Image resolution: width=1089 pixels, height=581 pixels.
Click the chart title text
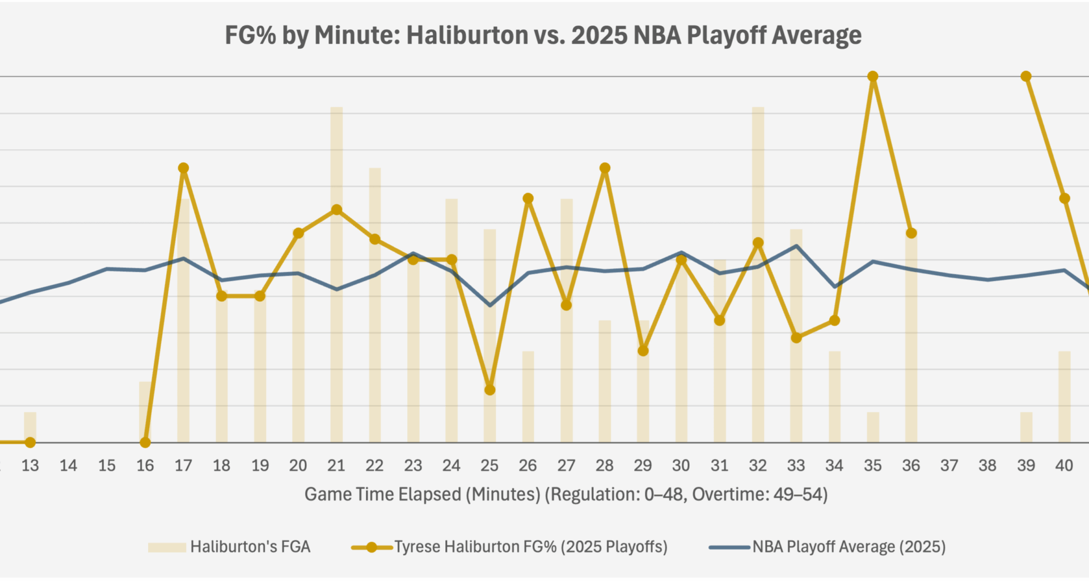click(x=543, y=35)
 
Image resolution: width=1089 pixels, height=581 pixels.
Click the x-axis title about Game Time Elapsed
click(x=565, y=494)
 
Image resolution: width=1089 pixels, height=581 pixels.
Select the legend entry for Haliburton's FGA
click(x=229, y=547)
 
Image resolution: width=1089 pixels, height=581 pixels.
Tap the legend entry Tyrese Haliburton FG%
click(x=509, y=547)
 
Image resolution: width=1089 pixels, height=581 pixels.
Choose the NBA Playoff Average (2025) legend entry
click(x=827, y=547)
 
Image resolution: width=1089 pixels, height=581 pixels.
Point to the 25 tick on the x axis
click(x=489, y=465)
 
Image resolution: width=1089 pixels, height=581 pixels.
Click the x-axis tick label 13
click(x=30, y=465)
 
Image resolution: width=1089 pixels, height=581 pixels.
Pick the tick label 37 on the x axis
click(x=949, y=465)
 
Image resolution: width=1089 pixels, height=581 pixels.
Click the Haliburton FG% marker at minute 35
click(x=873, y=76)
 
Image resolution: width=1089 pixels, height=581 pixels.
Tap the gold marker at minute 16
click(x=145, y=442)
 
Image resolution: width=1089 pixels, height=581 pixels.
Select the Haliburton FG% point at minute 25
click(x=489, y=390)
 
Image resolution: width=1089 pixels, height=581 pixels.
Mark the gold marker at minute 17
click(x=183, y=168)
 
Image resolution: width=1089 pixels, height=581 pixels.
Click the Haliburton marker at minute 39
click(x=1025, y=76)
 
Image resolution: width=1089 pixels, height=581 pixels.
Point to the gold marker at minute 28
click(x=605, y=168)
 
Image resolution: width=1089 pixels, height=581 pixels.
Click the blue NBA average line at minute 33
click(x=796, y=246)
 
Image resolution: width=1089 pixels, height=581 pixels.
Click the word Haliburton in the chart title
click(x=467, y=35)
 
